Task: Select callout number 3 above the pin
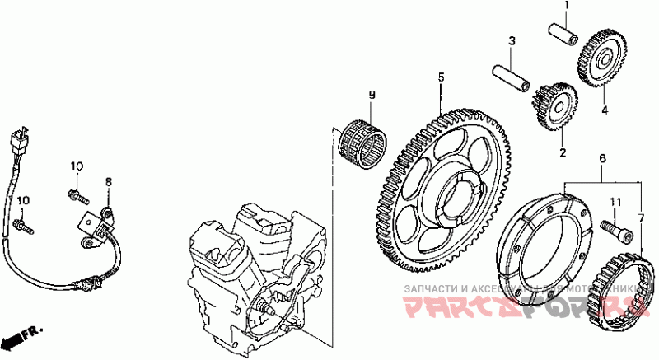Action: tap(511, 40)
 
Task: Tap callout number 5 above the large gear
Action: tap(441, 77)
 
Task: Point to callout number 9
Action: tap(371, 96)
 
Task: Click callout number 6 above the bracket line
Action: tap(602, 157)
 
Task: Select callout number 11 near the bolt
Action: tap(614, 202)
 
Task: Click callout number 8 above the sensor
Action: tap(107, 180)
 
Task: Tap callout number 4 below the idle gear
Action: tap(604, 110)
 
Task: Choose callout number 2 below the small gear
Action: tap(563, 152)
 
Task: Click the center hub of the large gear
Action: tap(456, 199)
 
